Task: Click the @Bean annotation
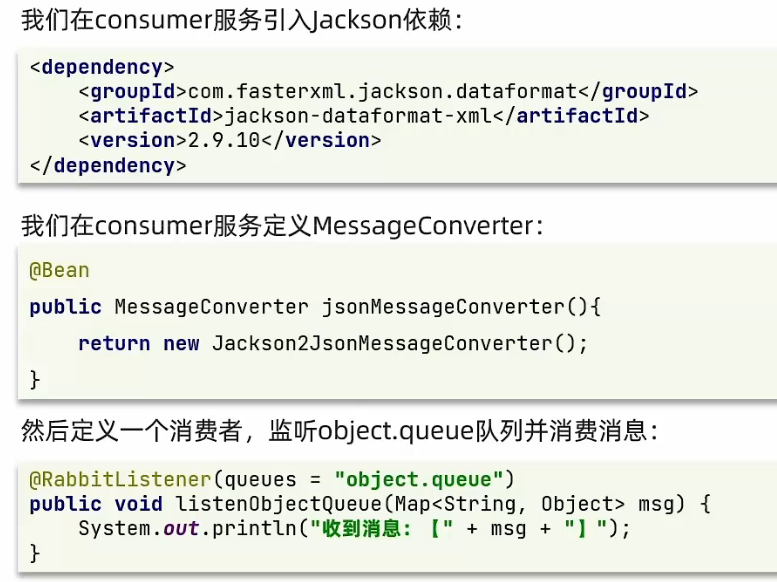[x=59, y=270]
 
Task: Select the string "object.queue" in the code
[x=425, y=479]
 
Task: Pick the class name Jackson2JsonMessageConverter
[x=395, y=344]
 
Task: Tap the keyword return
[x=114, y=344]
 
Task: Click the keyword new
[x=181, y=344]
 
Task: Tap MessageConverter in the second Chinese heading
[x=424, y=226]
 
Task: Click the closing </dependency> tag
[x=108, y=166]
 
